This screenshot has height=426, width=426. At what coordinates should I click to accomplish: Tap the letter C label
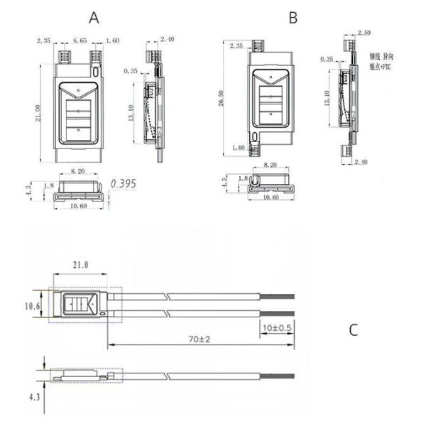point(354,331)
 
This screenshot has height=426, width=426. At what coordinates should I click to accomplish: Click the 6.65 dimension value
point(80,42)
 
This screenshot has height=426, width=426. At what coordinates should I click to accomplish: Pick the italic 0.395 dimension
point(123,184)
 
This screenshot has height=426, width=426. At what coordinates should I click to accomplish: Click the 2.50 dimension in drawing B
point(364,33)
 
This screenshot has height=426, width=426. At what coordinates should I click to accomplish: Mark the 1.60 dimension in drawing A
point(112,42)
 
